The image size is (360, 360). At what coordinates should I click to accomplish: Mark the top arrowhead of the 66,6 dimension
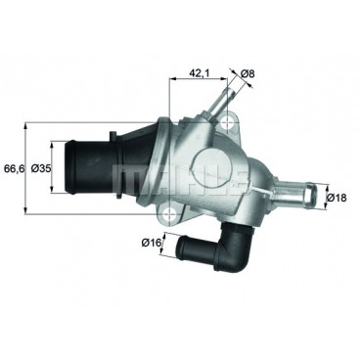coord(26,125)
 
